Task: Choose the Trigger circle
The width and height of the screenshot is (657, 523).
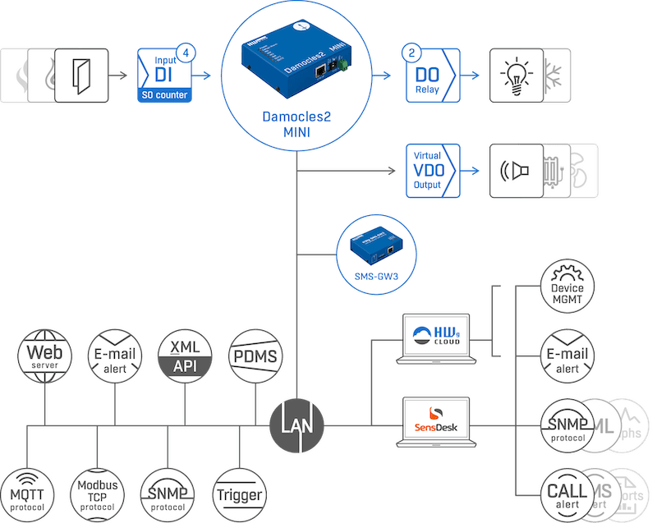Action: (x=240, y=494)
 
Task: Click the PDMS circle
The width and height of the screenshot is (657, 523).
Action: (x=255, y=356)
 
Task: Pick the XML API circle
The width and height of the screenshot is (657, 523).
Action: (x=185, y=356)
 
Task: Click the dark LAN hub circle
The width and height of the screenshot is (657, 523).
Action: (x=296, y=425)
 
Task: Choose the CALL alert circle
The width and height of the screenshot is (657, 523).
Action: (x=567, y=495)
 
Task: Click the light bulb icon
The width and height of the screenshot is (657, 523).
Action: (x=516, y=75)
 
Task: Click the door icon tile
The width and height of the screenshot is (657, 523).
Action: (x=82, y=75)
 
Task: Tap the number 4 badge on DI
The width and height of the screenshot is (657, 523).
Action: (x=188, y=53)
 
